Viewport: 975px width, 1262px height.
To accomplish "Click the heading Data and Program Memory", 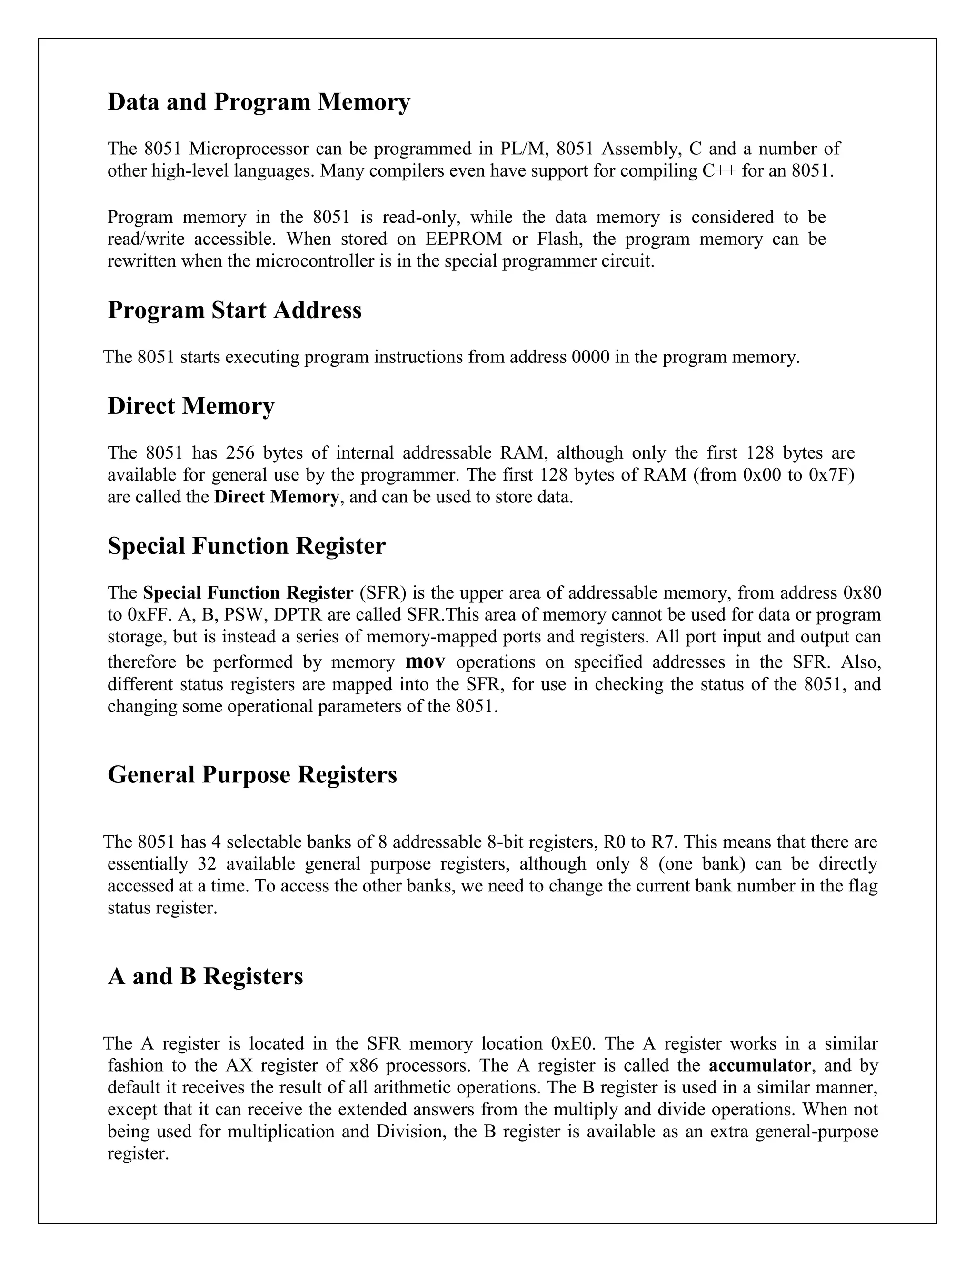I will click(259, 102).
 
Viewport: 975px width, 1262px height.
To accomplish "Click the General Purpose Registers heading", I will click(252, 774).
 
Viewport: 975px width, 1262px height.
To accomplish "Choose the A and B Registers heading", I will click(205, 976).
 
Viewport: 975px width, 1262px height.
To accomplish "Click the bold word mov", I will click(425, 661).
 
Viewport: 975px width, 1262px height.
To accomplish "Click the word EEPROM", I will click(464, 239).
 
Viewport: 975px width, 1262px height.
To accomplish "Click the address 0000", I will click(590, 357).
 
